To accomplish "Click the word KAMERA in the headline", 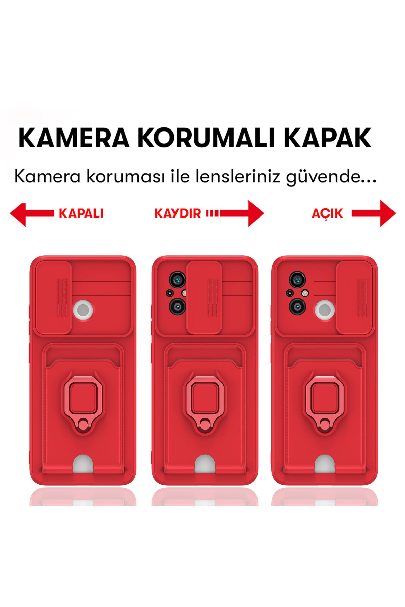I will (74, 138).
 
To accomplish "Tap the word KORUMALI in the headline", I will (207, 138).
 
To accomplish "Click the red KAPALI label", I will (81, 213).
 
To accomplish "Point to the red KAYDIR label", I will (178, 213).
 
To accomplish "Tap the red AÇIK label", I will (327, 213).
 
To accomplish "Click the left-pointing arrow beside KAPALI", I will (32, 213).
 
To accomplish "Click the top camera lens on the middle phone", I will (177, 279).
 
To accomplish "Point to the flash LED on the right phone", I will (305, 293).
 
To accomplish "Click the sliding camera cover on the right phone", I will (354, 297).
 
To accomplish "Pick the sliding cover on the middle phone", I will (204, 297).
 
